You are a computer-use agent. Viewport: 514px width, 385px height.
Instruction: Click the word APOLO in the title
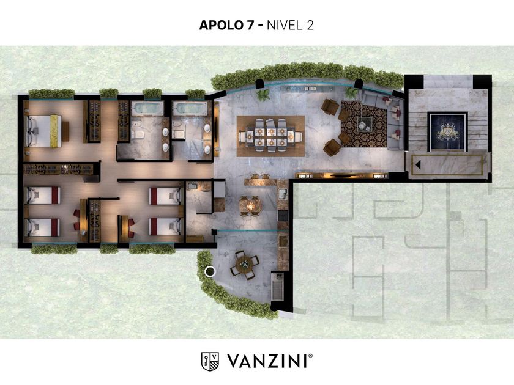(x=222, y=25)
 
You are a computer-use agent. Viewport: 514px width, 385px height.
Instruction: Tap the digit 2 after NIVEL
(x=310, y=25)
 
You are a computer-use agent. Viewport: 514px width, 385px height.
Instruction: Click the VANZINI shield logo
(x=210, y=361)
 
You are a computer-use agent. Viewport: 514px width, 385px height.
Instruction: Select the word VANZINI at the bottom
(x=267, y=361)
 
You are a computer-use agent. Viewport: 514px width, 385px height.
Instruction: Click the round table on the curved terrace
(x=244, y=263)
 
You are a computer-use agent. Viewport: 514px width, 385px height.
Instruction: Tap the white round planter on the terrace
(x=209, y=271)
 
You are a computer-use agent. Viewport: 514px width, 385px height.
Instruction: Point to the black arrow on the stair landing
(x=418, y=164)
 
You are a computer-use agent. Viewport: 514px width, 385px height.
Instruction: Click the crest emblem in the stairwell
(x=448, y=132)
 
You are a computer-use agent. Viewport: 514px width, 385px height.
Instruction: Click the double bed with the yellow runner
(x=44, y=130)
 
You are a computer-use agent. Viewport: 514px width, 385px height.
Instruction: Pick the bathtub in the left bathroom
(x=147, y=108)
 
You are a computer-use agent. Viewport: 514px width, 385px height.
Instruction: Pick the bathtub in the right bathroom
(x=190, y=108)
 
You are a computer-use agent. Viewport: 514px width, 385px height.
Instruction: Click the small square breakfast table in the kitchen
(x=250, y=206)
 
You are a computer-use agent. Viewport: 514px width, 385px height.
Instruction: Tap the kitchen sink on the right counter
(x=283, y=194)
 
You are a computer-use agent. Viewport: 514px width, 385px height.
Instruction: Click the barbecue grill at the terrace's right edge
(x=278, y=287)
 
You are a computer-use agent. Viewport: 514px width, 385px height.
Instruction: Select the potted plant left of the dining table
(x=263, y=95)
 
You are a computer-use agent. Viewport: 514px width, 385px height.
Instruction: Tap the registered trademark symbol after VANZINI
(x=310, y=356)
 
